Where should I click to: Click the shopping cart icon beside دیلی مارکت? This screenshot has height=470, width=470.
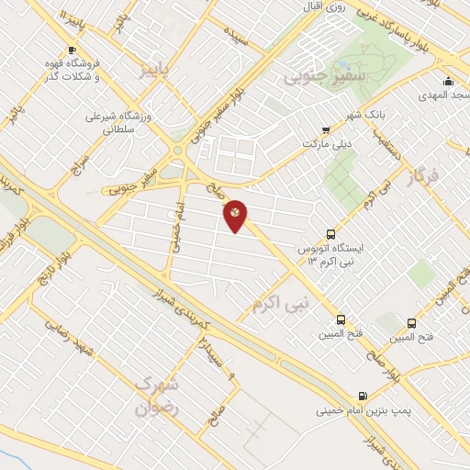coord(326,130)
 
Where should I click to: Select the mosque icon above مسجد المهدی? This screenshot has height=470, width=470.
coord(448,81)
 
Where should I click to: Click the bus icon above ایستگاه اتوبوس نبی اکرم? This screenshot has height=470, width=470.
coord(331,235)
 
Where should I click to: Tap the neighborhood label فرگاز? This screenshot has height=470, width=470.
coord(422,175)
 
